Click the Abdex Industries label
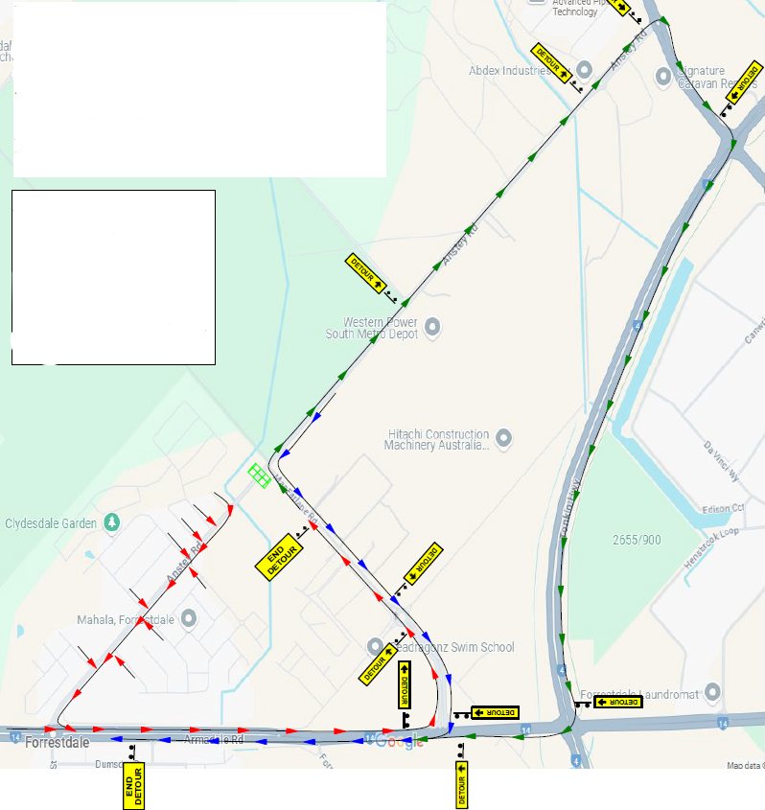[510, 71]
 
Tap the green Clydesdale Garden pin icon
[113, 522]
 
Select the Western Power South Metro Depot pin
[432, 327]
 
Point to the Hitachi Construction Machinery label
[436, 440]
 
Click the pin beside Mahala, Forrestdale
[188, 618]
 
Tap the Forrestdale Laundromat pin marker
[711, 691]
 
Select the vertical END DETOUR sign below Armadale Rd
[133, 786]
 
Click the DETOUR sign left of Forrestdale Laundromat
[617, 702]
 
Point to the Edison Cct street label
[723, 508]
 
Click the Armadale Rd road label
[214, 740]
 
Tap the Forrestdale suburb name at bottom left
[58, 742]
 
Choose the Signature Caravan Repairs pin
[662, 77]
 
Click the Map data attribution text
[744, 765]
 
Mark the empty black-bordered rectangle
[113, 277]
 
